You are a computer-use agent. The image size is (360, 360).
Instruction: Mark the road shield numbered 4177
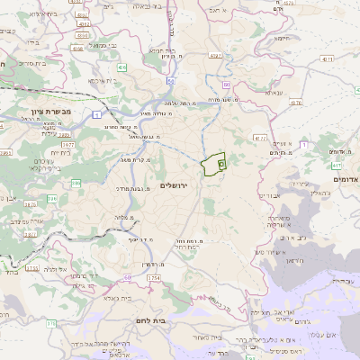259,138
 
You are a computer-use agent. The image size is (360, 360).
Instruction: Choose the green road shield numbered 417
336,166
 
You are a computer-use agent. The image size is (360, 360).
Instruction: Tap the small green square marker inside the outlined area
221,165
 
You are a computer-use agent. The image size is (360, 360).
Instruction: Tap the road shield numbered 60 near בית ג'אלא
129,277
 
